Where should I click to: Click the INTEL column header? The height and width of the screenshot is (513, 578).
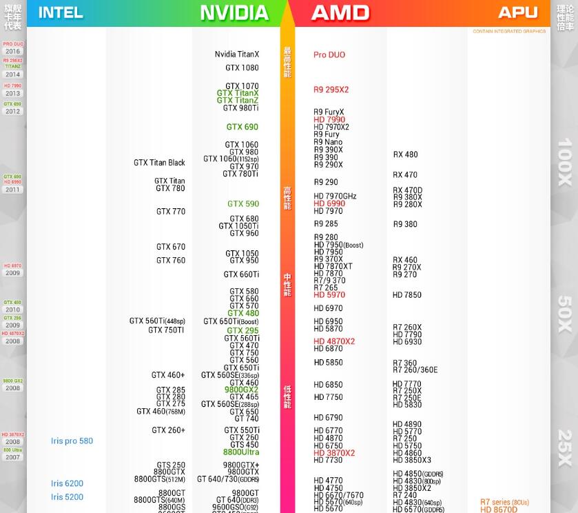(x=61, y=12)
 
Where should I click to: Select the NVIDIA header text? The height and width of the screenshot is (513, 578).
(x=234, y=12)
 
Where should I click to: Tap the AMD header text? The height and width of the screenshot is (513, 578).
(x=340, y=12)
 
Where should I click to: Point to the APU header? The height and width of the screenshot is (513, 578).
(x=517, y=12)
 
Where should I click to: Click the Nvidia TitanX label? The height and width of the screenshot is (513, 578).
(x=237, y=54)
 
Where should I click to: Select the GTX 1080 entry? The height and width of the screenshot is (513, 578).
(x=242, y=68)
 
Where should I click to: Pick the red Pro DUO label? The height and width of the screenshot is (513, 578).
(x=329, y=54)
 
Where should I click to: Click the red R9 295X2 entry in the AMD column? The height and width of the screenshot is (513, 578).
(x=331, y=90)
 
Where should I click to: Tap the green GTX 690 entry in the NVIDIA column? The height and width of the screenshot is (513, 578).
(x=242, y=127)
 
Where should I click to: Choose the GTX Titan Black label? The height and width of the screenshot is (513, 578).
(x=159, y=163)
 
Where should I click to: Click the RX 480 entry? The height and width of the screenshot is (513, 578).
(x=406, y=154)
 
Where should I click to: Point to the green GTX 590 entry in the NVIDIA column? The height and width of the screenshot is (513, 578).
(x=243, y=204)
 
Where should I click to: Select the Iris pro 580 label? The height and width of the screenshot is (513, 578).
(x=72, y=441)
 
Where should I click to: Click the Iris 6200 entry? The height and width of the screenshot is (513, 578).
(x=67, y=484)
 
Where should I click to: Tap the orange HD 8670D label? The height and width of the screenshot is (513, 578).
(x=499, y=510)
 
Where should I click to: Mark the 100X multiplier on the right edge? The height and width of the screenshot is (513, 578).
(x=565, y=162)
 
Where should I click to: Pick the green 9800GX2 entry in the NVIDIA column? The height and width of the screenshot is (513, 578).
(x=241, y=390)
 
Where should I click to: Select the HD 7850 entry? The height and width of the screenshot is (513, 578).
(x=407, y=295)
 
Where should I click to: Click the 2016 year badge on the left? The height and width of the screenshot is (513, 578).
(x=13, y=52)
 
